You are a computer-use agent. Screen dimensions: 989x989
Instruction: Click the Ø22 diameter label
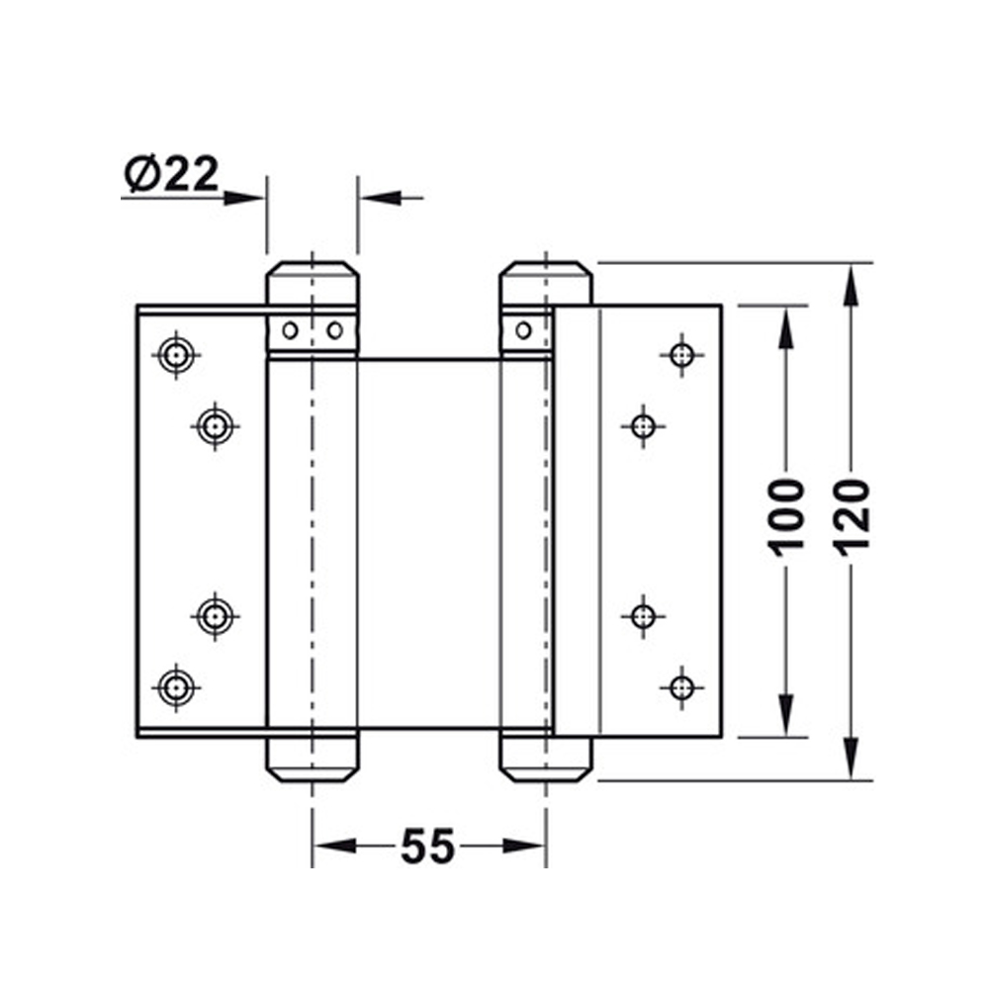[171, 175]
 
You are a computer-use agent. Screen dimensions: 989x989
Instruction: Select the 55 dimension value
[427, 846]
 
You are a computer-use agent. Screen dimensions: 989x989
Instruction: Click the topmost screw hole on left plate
[177, 353]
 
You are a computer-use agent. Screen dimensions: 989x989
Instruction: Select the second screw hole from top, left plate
[214, 426]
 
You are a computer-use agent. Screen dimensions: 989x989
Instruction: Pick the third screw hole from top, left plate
[214, 616]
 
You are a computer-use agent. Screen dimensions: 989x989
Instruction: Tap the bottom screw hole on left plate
[177, 684]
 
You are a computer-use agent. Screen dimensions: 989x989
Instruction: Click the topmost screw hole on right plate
[680, 353]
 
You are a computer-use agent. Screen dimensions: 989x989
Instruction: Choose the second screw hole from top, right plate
[643, 426]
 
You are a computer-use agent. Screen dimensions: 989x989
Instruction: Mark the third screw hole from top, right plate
[643, 616]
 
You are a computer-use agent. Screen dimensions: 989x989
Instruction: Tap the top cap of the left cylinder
[312, 276]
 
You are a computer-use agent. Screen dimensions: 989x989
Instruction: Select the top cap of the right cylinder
[545, 276]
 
